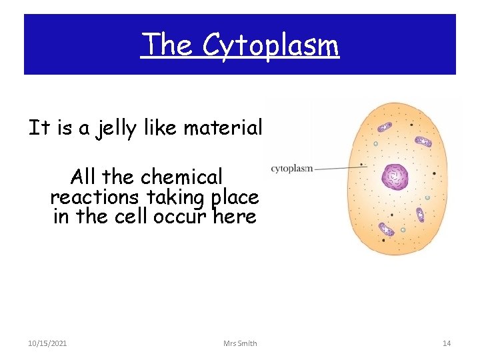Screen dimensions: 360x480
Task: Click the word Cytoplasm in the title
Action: click(x=271, y=45)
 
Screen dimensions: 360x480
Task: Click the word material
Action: click(x=223, y=127)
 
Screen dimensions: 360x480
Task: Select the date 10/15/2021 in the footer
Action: click(x=47, y=343)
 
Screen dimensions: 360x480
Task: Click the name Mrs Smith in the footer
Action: click(x=240, y=343)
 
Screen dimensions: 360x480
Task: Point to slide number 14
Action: click(x=447, y=343)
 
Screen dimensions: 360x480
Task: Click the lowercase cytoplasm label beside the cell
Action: click(x=291, y=169)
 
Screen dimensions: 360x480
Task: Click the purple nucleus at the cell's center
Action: click(x=394, y=177)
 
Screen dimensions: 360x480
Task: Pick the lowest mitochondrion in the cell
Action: click(x=385, y=229)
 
